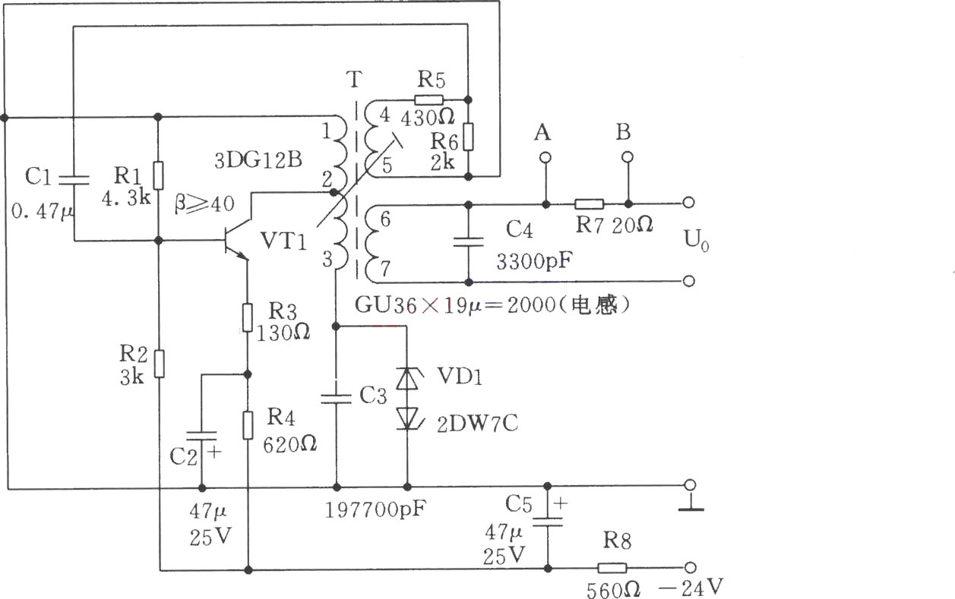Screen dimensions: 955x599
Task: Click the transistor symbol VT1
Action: [236, 241]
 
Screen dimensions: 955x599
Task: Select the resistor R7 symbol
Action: [589, 204]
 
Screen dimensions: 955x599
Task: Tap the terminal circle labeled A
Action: [545, 158]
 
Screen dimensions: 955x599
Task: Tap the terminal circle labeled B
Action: [627, 157]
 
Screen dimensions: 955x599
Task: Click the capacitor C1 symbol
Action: [74, 180]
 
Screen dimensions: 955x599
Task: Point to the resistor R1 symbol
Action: [158, 175]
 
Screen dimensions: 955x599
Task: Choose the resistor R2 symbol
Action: [159, 364]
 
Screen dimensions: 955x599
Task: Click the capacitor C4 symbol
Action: [468, 242]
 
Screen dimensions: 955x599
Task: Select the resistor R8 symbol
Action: [612, 568]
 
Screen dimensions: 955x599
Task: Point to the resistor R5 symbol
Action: [429, 100]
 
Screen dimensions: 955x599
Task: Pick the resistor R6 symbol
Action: [468, 137]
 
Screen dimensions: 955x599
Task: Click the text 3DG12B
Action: [258, 161]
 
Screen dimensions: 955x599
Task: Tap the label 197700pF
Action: [375, 509]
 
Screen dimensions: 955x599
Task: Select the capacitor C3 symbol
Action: [336, 399]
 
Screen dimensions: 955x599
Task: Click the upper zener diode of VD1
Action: [407, 378]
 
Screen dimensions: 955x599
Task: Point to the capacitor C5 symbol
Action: [548, 522]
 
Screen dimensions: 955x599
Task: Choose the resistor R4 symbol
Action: [248, 425]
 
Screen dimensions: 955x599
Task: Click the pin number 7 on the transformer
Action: [385, 269]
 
